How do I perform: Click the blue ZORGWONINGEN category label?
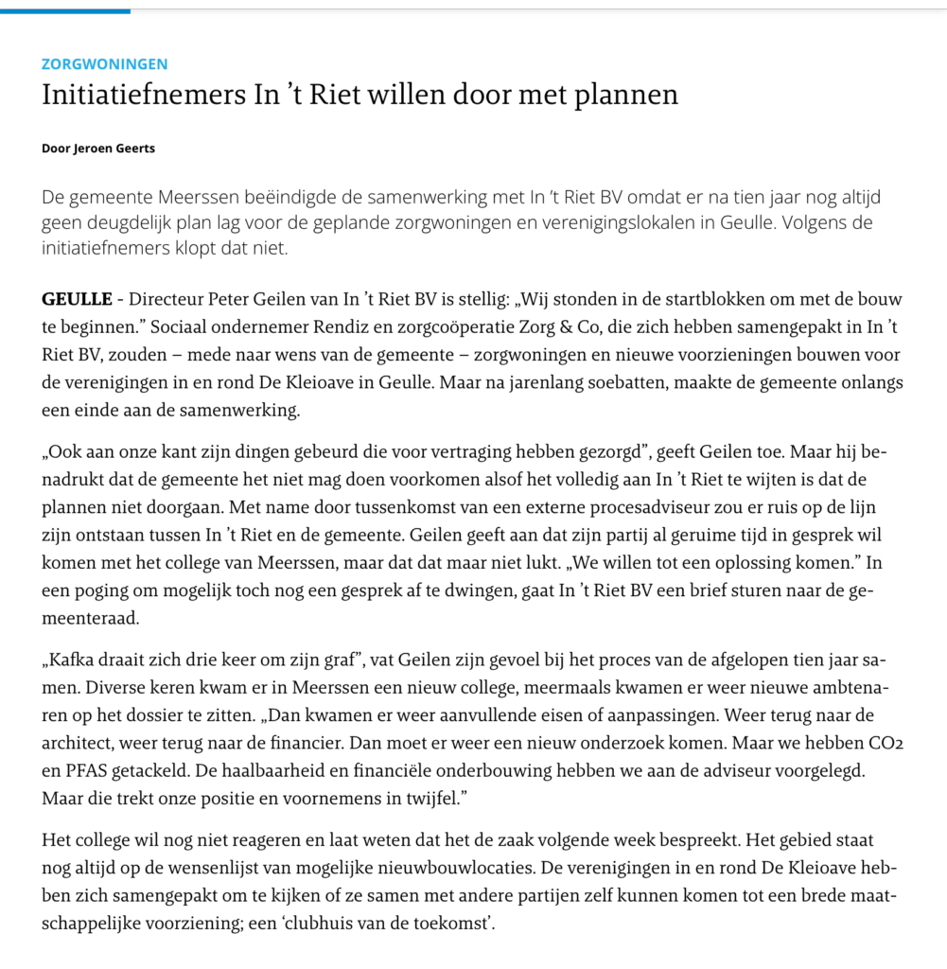(x=105, y=64)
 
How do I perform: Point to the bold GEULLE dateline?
(x=76, y=300)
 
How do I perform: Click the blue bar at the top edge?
(x=65, y=10)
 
